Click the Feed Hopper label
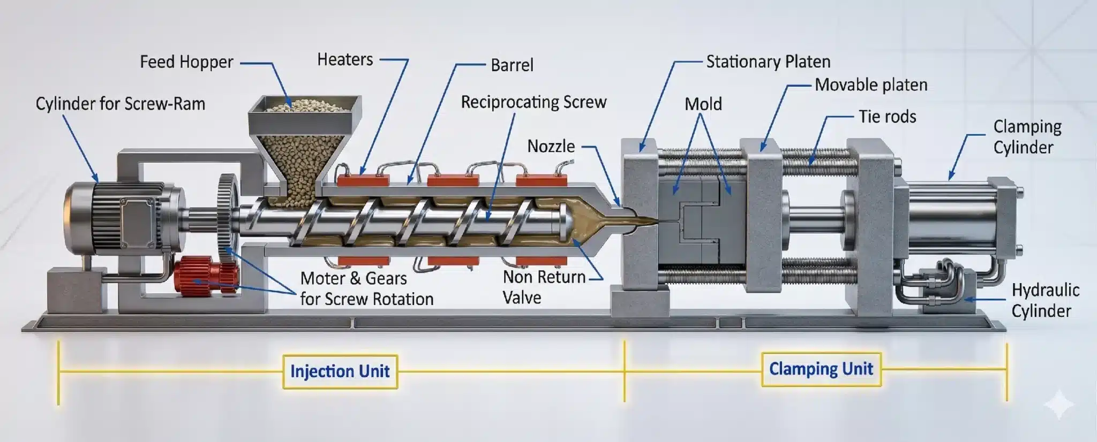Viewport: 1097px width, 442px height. coord(186,62)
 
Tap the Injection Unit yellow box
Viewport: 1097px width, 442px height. coord(340,371)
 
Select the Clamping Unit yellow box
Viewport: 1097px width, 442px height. coord(821,369)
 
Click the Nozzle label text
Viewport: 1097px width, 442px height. coord(551,146)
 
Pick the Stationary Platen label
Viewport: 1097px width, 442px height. coord(768,62)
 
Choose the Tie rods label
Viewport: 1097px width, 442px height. coord(887,117)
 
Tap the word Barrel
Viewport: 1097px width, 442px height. coord(512,65)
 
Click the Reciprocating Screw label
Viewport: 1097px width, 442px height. coord(534,102)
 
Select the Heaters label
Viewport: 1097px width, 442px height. coord(345,59)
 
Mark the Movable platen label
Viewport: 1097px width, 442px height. coord(871,85)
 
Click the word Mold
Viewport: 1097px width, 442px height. coord(703,104)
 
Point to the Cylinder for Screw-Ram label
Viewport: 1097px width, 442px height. coord(121,104)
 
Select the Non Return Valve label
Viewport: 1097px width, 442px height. coord(544,287)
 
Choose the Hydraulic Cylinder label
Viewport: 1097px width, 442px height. coord(1045,300)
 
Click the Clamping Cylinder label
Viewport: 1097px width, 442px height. coord(1027,137)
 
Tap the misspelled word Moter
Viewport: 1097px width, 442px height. coord(322,279)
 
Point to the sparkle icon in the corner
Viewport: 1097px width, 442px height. coord(1059,405)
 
